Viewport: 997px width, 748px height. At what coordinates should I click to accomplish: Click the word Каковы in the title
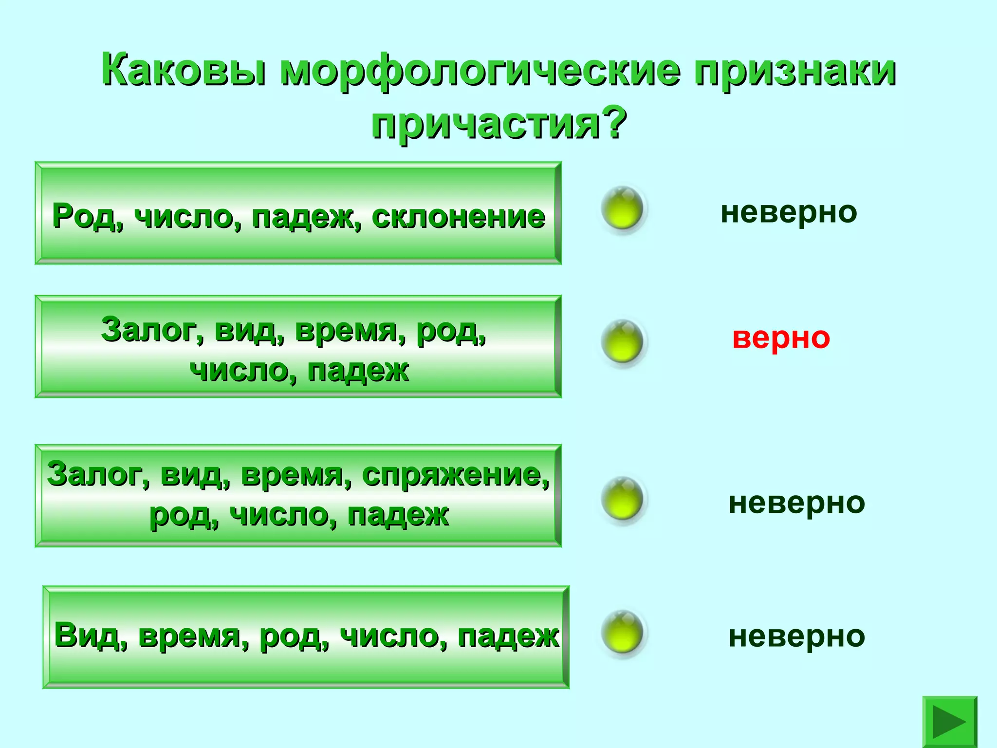click(184, 71)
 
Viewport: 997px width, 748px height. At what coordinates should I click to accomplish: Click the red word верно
click(781, 338)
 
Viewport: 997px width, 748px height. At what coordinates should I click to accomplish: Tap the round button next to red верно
click(622, 341)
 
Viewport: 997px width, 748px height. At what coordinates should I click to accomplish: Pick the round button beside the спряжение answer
click(622, 499)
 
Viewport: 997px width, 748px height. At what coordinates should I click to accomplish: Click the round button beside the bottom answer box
click(622, 632)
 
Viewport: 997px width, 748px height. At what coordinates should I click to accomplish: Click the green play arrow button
click(949, 721)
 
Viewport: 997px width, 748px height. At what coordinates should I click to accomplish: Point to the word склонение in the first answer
click(458, 217)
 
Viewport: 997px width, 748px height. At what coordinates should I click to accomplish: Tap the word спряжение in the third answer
click(455, 475)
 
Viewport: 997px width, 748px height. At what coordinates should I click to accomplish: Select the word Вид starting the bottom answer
click(91, 636)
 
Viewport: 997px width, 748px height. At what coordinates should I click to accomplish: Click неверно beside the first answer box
click(789, 213)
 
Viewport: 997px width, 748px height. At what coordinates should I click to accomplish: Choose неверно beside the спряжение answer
click(796, 503)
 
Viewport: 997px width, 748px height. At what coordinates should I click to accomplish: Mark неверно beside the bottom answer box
click(796, 636)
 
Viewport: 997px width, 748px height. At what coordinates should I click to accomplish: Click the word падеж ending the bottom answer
click(508, 636)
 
